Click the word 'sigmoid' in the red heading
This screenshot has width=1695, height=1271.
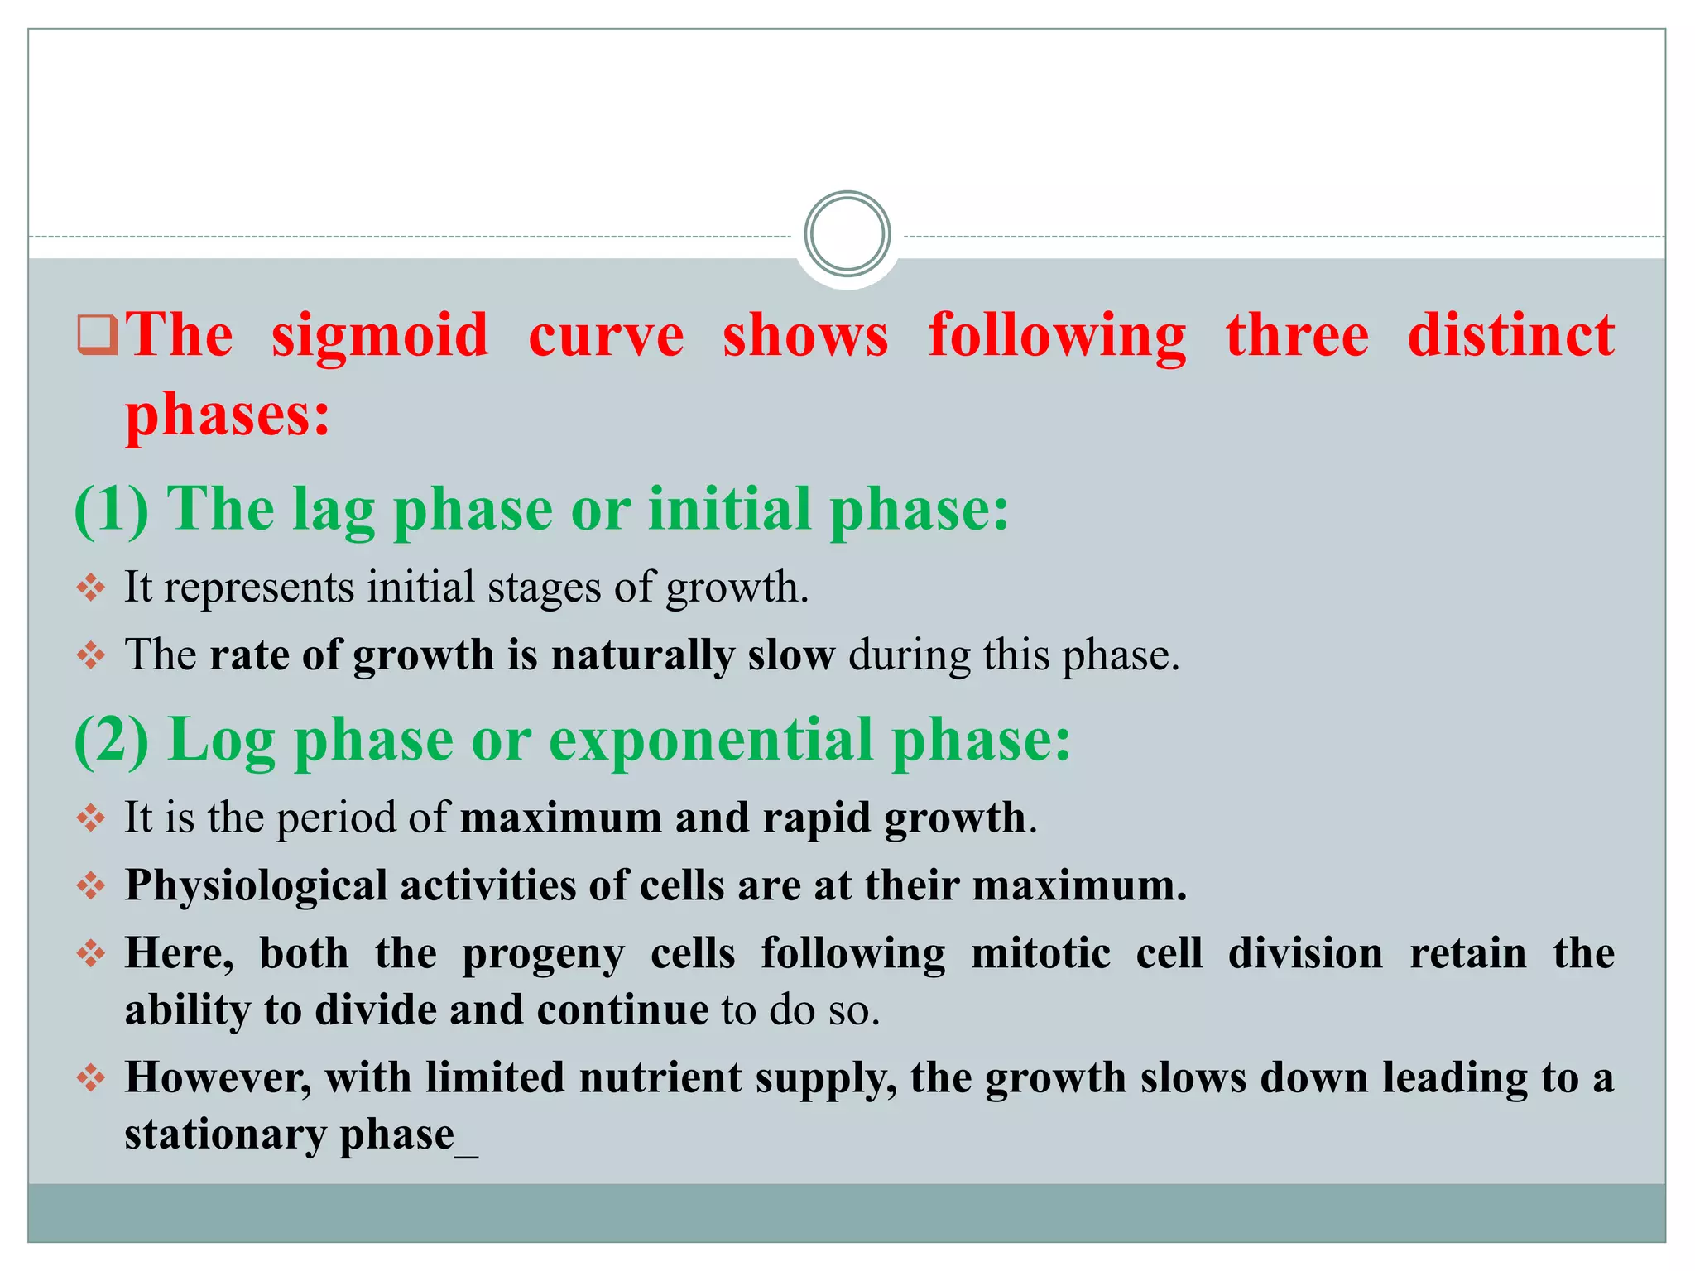click(x=380, y=337)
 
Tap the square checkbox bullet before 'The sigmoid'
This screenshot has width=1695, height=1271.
click(x=98, y=334)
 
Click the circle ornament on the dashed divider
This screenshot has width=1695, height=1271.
click(x=847, y=234)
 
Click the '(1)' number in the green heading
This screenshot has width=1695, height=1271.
click(x=112, y=508)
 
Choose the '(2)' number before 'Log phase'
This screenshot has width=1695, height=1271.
click(x=112, y=739)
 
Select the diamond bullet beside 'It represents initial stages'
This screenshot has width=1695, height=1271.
click(x=91, y=588)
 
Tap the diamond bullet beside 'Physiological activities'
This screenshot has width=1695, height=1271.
click(x=91, y=886)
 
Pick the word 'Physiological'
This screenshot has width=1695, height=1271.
click(x=256, y=886)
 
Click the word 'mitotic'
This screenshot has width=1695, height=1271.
click(x=1040, y=953)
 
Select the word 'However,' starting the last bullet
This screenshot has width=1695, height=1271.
click(x=218, y=1078)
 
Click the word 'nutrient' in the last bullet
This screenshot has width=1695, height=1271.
click(x=660, y=1078)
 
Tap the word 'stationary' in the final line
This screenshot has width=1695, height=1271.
click(x=224, y=1135)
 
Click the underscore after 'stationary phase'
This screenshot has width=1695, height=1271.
click(x=467, y=1152)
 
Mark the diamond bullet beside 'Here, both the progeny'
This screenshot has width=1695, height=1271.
click(x=91, y=954)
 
